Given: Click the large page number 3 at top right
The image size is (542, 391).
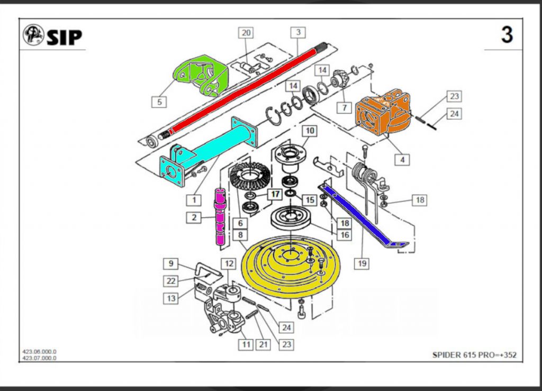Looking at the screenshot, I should [507, 35].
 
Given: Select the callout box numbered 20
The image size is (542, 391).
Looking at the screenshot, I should [246, 33].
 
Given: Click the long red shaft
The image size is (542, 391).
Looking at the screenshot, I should [238, 95].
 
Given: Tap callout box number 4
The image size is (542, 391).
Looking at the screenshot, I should [403, 159].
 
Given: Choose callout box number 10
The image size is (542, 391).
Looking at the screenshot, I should [310, 130].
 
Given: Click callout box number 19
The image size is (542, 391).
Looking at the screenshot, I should [362, 262].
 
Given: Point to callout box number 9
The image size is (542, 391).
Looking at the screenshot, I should [170, 263].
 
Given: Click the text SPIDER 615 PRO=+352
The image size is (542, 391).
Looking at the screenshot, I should [474, 355].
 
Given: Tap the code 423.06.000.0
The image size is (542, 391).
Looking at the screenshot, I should [39, 351].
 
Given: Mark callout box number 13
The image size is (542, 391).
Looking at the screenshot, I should [170, 298].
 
